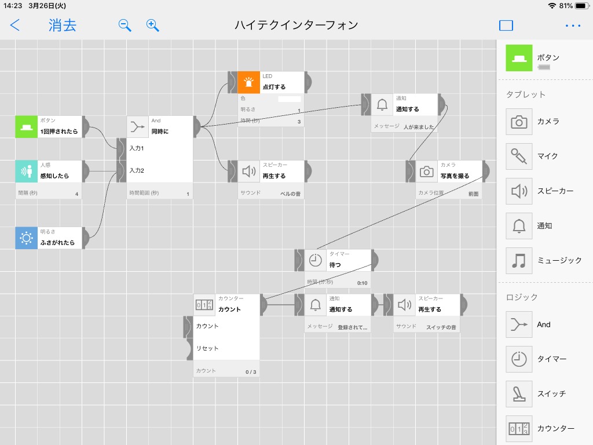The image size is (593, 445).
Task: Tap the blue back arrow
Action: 14,25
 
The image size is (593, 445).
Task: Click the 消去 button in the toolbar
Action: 63,25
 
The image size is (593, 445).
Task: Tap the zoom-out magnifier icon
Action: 125,25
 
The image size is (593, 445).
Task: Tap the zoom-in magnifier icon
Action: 152,25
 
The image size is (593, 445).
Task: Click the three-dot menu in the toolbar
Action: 573,25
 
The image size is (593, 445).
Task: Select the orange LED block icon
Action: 248,82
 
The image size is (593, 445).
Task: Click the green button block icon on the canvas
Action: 26,127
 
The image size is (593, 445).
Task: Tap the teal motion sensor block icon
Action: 26,172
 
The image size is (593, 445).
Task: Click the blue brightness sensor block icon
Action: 26,238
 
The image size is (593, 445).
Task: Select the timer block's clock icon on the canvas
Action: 315,260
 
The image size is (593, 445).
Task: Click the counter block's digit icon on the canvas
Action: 204,305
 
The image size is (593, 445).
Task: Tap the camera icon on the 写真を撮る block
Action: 426,172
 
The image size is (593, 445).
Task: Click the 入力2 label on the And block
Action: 137,171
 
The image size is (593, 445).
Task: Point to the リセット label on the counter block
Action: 207,348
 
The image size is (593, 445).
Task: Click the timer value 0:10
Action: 362,283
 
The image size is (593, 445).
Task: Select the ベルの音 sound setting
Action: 290,194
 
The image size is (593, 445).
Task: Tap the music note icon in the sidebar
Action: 519,261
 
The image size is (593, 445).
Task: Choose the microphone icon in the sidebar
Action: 519,156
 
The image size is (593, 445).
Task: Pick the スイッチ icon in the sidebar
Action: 519,394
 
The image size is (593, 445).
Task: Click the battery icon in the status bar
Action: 581,6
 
